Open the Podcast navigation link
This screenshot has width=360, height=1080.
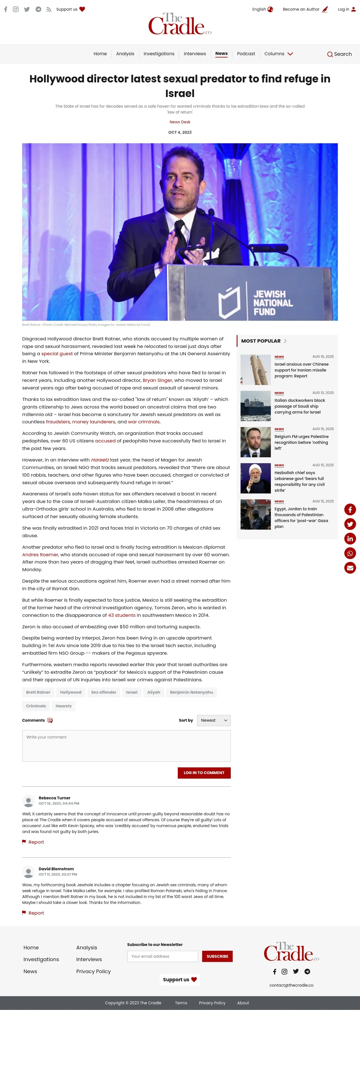246,54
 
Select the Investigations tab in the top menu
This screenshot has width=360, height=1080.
159,54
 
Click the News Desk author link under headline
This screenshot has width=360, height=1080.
180,122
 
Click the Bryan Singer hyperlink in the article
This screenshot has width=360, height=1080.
157,380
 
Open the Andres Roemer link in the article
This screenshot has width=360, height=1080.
40,555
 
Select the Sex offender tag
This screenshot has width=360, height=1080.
103,692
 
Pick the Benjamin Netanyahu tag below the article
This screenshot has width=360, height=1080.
191,692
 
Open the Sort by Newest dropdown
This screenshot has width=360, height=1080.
214,720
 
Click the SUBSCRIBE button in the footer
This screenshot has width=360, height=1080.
217,956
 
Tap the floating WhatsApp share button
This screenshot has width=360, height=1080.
350,553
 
